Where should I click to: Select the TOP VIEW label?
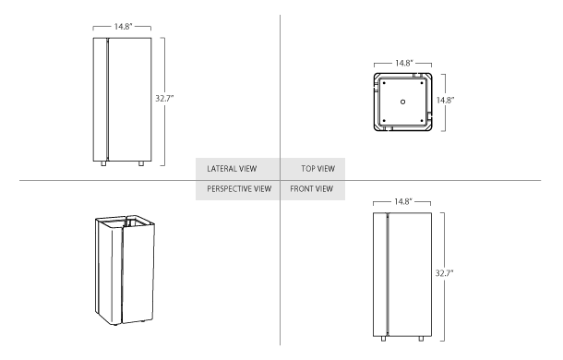[x=317, y=169]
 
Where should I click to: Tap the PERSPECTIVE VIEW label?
[x=239, y=189]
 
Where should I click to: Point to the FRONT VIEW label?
[x=312, y=189]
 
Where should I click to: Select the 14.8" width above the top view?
[x=403, y=63]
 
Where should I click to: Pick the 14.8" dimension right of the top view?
[x=447, y=100]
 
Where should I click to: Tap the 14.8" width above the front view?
[x=402, y=200]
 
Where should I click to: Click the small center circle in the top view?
[x=402, y=101]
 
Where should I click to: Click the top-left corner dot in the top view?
[x=384, y=82]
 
